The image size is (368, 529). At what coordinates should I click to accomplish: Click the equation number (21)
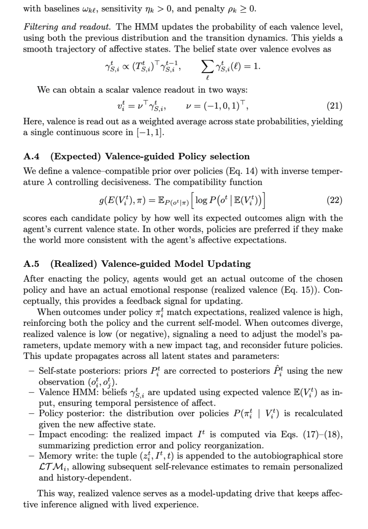point(334,106)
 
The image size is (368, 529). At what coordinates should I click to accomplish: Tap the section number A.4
point(31,157)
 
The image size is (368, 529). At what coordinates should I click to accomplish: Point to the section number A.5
point(31,264)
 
